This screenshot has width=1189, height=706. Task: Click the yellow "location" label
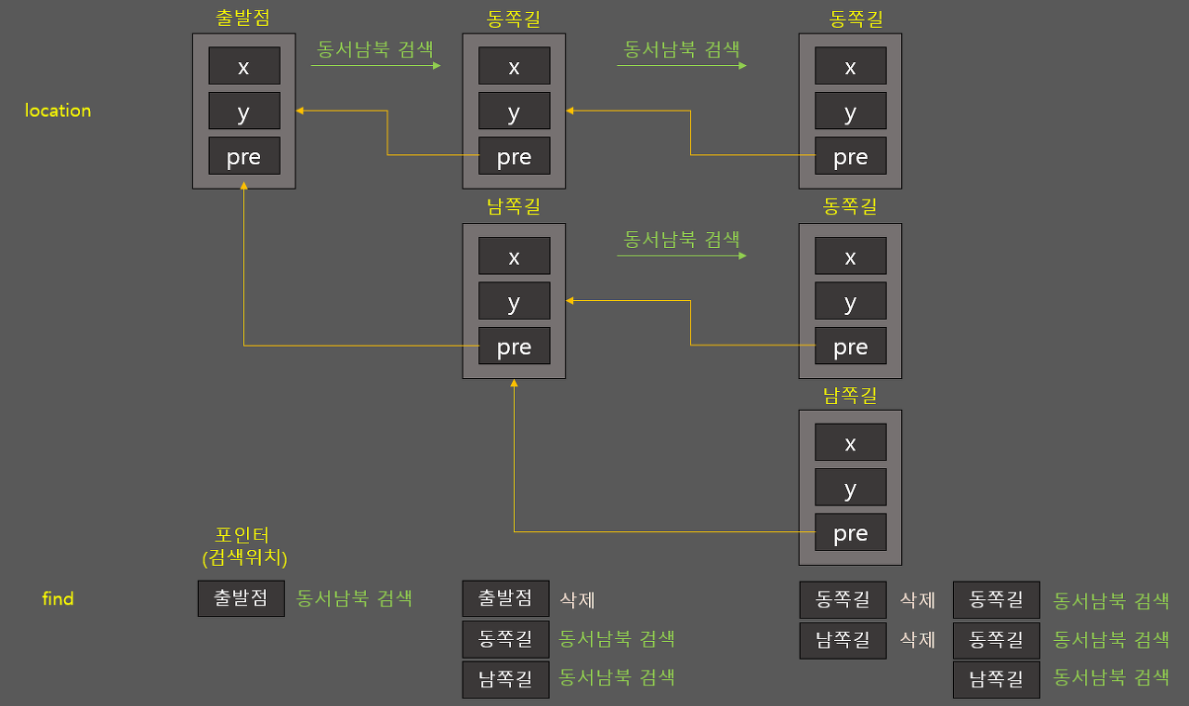tap(58, 111)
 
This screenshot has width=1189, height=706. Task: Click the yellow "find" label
tap(58, 599)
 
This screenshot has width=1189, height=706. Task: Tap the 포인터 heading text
tap(242, 536)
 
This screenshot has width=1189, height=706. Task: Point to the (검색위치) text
tap(244, 557)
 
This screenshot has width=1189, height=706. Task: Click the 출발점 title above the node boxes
tap(242, 18)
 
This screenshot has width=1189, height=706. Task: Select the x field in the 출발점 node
tap(243, 67)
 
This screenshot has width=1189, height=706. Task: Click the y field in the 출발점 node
tap(243, 111)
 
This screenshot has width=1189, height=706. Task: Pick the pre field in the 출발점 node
tap(243, 157)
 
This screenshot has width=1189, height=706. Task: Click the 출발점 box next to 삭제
tap(505, 598)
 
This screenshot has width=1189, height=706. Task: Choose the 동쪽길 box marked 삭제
tap(843, 599)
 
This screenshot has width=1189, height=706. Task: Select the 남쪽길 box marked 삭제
tap(843, 639)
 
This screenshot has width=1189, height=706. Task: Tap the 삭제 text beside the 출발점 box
tap(577, 599)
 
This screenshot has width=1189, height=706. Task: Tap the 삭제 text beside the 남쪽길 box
tap(917, 639)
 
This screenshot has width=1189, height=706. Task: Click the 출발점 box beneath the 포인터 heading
tap(241, 598)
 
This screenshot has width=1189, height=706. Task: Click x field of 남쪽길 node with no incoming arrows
tap(850, 443)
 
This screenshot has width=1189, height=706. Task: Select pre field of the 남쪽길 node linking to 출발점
tap(514, 346)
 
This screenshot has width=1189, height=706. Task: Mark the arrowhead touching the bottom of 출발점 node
tap(243, 187)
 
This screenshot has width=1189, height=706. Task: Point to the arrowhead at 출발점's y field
tap(300, 111)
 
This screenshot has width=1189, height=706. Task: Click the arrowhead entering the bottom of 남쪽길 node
tap(514, 383)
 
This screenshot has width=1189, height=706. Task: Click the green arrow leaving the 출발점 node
tap(375, 66)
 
